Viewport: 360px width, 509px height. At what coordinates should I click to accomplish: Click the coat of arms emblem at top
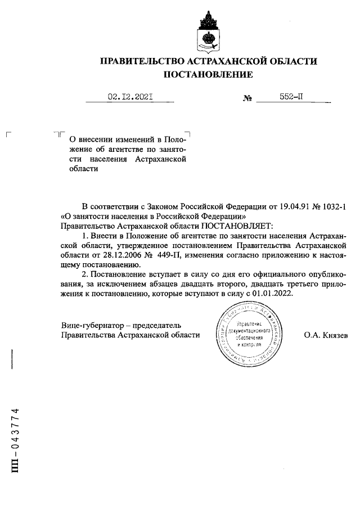coord(208,30)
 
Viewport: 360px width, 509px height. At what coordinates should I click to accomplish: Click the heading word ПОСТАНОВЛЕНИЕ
coord(208,74)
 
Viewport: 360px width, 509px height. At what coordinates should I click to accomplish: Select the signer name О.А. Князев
coord(326,335)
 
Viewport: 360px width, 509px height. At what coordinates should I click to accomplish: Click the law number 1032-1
coord(332,206)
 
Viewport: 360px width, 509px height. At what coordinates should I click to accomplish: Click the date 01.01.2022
coord(272,294)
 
